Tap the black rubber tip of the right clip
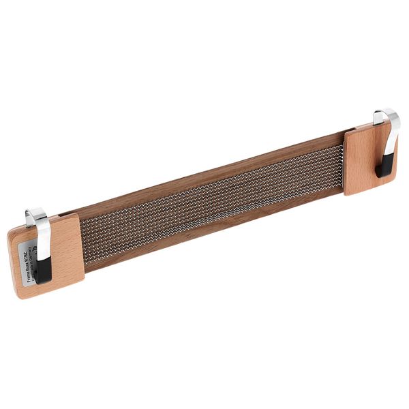pos(384,164)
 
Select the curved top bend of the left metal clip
pos(33,213)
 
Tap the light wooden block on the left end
pos(65,252)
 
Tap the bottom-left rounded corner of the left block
pos(18,294)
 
